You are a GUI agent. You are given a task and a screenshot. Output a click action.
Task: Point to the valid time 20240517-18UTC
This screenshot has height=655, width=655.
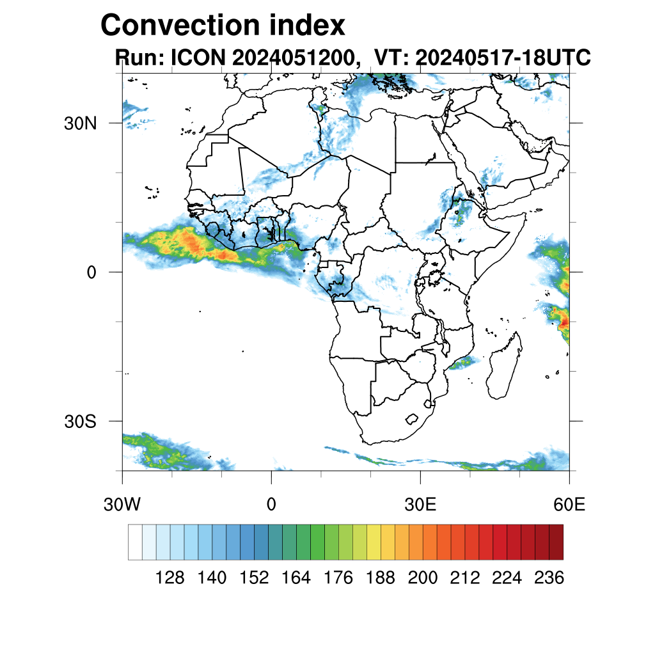click(503, 58)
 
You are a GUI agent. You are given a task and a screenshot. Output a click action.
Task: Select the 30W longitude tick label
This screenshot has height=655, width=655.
click(122, 505)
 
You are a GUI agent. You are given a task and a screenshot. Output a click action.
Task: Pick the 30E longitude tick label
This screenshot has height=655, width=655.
click(420, 505)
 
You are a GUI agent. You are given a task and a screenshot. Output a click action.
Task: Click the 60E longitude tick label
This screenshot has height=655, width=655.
click(569, 505)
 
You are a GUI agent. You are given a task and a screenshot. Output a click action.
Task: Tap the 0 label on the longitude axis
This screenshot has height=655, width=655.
click(271, 505)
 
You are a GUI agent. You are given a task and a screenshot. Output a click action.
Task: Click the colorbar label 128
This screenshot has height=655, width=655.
click(170, 578)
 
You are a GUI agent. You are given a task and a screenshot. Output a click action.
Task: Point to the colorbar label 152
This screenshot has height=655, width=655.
click(254, 578)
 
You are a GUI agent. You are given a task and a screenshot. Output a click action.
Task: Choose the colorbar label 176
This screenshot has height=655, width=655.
click(338, 578)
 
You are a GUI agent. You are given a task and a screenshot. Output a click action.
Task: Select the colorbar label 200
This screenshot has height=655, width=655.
click(423, 578)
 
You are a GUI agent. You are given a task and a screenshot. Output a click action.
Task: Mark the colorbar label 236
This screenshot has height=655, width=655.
click(549, 578)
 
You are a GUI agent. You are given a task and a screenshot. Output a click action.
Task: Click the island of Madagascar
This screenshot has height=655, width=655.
click(503, 371)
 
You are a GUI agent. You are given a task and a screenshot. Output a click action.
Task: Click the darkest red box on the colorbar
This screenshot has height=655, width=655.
click(556, 542)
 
